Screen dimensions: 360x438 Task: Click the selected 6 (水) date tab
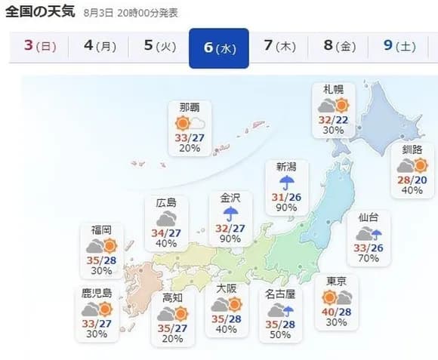[x=219, y=48]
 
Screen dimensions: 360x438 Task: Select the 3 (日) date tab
[x=39, y=46]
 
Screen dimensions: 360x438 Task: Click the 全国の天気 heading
[x=39, y=14]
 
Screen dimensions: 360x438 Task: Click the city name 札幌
[x=335, y=89]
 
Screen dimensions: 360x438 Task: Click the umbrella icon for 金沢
[x=230, y=214]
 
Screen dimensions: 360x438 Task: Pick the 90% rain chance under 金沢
[x=230, y=239]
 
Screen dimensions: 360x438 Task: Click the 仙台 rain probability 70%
[x=369, y=258]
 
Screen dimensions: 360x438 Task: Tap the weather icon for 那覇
[x=190, y=123]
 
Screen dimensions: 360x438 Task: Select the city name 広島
[x=166, y=202]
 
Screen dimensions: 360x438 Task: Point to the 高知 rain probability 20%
[x=173, y=338]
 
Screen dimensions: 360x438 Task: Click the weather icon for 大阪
[x=226, y=304]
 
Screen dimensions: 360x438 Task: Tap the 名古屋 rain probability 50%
[x=280, y=334]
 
